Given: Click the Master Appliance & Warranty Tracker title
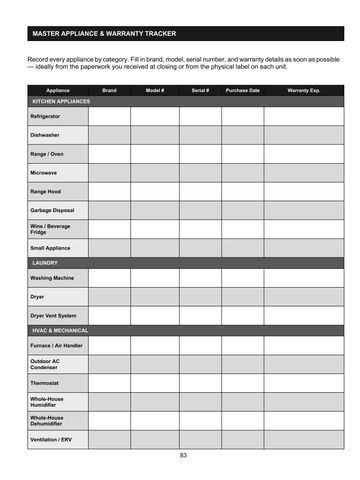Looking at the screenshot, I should pyautogui.click(x=104, y=34).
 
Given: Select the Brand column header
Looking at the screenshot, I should pyautogui.click(x=109, y=91).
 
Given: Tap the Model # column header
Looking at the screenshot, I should pyautogui.click(x=154, y=91).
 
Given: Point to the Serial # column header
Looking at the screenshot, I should pyautogui.click(x=199, y=91).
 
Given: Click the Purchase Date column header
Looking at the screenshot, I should pyautogui.click(x=243, y=91).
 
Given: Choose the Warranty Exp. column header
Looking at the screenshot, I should pyautogui.click(x=303, y=91).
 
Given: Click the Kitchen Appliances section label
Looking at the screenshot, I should pyautogui.click(x=61, y=102).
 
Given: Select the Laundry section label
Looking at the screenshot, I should pyautogui.click(x=46, y=263).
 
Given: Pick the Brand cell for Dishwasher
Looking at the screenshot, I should pyautogui.click(x=109, y=134).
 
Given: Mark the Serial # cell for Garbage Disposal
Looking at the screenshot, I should pyautogui.click(x=199, y=210).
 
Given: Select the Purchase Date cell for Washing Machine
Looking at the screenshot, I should pyautogui.click(x=243, y=277).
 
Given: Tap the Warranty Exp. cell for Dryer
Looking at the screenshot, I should pyautogui.click(x=303, y=296).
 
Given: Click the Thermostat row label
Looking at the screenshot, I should pyautogui.click(x=46, y=382).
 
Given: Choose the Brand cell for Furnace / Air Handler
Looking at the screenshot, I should pyautogui.click(x=109, y=345).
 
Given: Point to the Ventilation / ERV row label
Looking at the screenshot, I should pyautogui.click(x=52, y=440).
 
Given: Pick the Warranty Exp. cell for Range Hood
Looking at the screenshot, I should pyautogui.click(x=303, y=191).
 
